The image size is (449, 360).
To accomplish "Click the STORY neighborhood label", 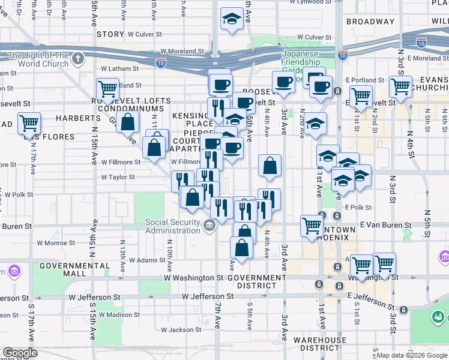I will tap(110, 35).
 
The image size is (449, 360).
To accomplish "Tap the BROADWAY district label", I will tap(370, 22).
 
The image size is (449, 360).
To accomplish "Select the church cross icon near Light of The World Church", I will tap(77, 58).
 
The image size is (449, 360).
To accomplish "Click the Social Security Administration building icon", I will tap(209, 226).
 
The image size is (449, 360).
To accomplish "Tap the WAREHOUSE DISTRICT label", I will tap(320, 344).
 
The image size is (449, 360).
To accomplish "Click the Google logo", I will tap(20, 353).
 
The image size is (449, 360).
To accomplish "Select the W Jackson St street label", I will tap(181, 330).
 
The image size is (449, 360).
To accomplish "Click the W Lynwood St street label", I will tap(310, 2).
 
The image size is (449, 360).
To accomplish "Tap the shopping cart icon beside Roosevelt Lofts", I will tap(107, 89).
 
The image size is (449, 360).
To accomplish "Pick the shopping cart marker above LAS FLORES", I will tap(29, 124).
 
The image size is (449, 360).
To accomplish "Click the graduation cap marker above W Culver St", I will tap(232, 19).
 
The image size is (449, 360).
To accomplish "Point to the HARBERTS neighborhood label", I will tap(78, 118).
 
